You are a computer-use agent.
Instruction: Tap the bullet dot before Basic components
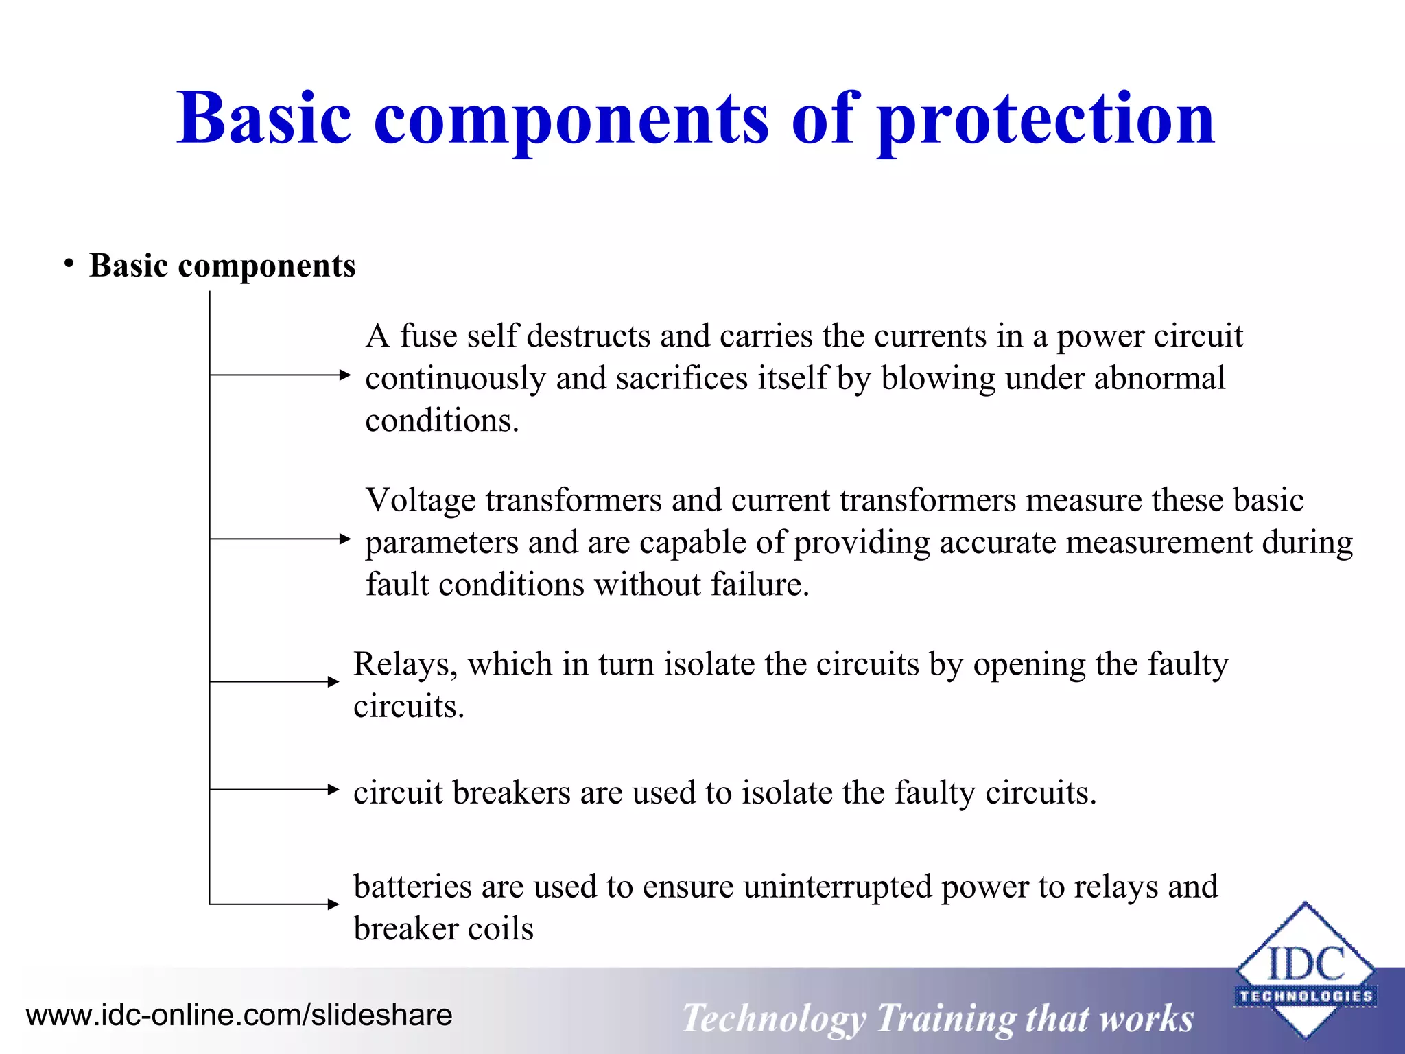click(x=69, y=264)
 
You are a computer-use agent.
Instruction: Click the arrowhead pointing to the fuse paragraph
click(x=345, y=375)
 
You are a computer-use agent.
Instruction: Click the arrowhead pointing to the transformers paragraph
click(x=345, y=539)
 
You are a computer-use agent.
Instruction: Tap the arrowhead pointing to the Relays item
click(x=333, y=681)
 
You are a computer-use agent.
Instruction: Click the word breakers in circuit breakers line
click(x=511, y=793)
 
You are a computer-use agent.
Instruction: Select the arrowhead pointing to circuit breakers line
click(x=333, y=789)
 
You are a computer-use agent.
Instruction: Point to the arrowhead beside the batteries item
click(x=333, y=904)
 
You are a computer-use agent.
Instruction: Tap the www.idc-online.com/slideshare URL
click(x=239, y=1015)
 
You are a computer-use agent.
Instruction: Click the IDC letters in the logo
click(x=1306, y=963)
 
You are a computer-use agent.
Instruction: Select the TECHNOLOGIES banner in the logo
click(x=1306, y=996)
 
